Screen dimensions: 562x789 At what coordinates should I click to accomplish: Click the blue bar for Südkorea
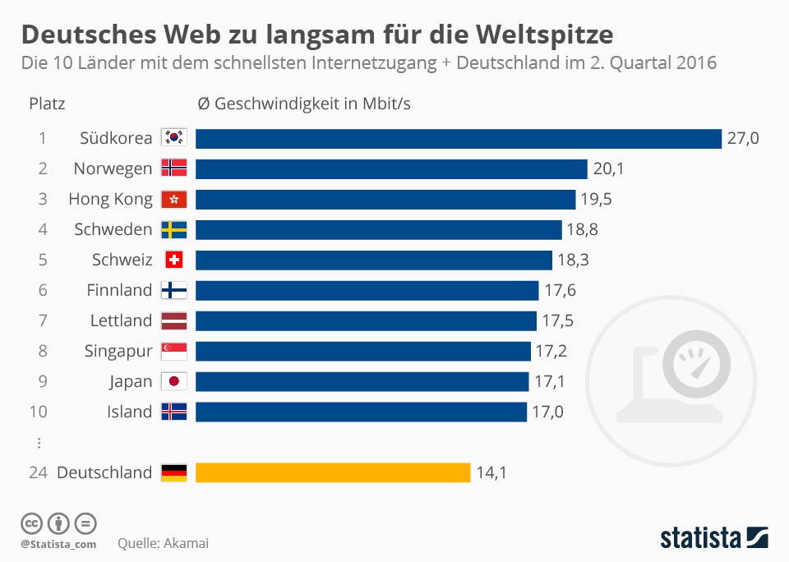458,138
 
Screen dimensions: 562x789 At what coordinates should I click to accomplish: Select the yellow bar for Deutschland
333,472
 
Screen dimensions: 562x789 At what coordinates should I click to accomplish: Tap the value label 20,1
609,168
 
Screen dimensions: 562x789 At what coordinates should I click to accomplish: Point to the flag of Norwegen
174,168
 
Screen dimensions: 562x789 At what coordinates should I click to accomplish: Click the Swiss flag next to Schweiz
174,260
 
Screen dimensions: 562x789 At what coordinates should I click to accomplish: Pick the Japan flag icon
174,381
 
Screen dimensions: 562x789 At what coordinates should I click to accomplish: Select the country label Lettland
121,320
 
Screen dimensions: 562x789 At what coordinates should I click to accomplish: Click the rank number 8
42,351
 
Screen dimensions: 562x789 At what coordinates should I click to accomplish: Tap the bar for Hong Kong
385,199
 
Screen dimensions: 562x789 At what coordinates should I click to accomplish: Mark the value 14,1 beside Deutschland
491,472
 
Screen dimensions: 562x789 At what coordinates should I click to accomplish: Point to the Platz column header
47,104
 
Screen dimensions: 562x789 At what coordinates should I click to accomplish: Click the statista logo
714,538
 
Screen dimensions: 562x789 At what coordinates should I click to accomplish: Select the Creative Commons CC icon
31,523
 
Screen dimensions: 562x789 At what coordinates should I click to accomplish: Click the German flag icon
174,472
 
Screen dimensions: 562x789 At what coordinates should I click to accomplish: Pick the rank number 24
39,472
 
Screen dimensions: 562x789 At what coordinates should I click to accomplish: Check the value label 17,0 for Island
548,412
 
